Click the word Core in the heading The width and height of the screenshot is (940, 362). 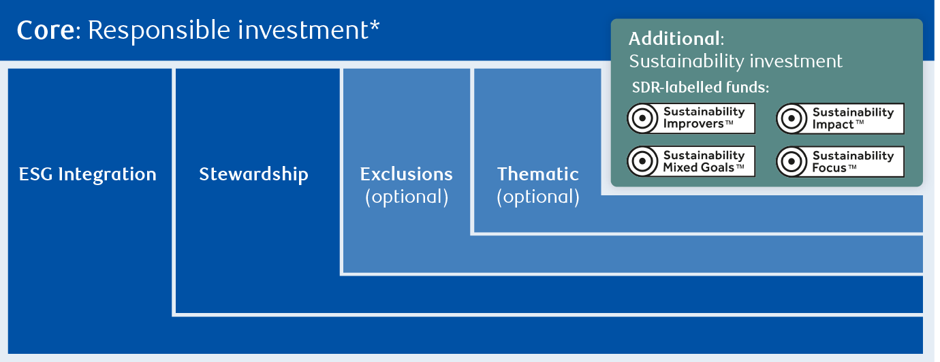pos(45,31)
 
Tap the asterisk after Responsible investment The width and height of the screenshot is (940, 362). pos(375,28)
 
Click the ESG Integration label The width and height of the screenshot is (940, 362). pos(87,174)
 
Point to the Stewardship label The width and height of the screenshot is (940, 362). pos(253,174)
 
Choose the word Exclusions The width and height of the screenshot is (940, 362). pos(406,174)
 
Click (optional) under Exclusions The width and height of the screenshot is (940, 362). pos(407,197)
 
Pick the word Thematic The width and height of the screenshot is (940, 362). pos(538,174)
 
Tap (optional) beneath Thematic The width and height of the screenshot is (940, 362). pos(538,197)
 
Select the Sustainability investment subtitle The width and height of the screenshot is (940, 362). pos(736,61)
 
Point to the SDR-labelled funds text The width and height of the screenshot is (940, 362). pos(700,88)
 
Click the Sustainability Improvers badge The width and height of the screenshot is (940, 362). pos(691,118)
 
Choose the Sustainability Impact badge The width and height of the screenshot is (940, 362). pos(840,119)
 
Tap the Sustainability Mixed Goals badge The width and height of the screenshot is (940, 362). pos(691,161)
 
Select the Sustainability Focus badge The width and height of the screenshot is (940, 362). pos(840,162)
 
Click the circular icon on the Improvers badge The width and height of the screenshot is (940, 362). pos(642,118)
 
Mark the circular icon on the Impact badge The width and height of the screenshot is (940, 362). pos(791,119)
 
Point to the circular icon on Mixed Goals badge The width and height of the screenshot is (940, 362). pos(642,161)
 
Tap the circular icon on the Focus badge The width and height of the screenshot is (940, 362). pos(791,162)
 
